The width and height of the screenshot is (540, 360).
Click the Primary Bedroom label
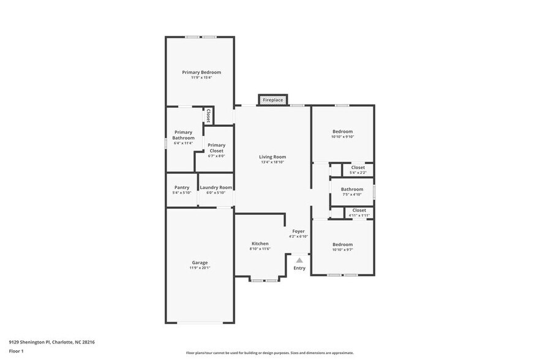pos(201,72)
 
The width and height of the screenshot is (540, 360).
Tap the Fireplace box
pos(272,100)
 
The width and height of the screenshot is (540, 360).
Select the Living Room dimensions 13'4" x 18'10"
pos(272,162)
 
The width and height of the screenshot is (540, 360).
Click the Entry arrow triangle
pos(299,260)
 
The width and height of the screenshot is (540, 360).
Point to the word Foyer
pos(298,231)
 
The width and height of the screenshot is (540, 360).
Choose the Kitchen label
pos(260,243)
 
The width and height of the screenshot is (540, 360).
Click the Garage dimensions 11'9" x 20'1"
pos(200,268)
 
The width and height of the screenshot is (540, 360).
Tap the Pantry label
pos(182,187)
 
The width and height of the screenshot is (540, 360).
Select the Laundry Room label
pos(216,187)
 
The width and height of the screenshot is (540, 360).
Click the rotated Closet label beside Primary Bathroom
pos(208,116)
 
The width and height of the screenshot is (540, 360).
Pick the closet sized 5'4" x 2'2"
pos(358,167)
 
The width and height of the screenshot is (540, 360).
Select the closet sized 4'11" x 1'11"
pos(359,210)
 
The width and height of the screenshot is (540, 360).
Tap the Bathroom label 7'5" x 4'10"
pos(352,189)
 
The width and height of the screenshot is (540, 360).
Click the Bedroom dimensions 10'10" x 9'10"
pos(342,137)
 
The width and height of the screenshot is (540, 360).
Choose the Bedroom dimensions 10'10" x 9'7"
pos(342,249)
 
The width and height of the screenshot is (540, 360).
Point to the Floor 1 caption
pos(16,351)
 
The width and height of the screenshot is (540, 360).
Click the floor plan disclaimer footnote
pos(269,353)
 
